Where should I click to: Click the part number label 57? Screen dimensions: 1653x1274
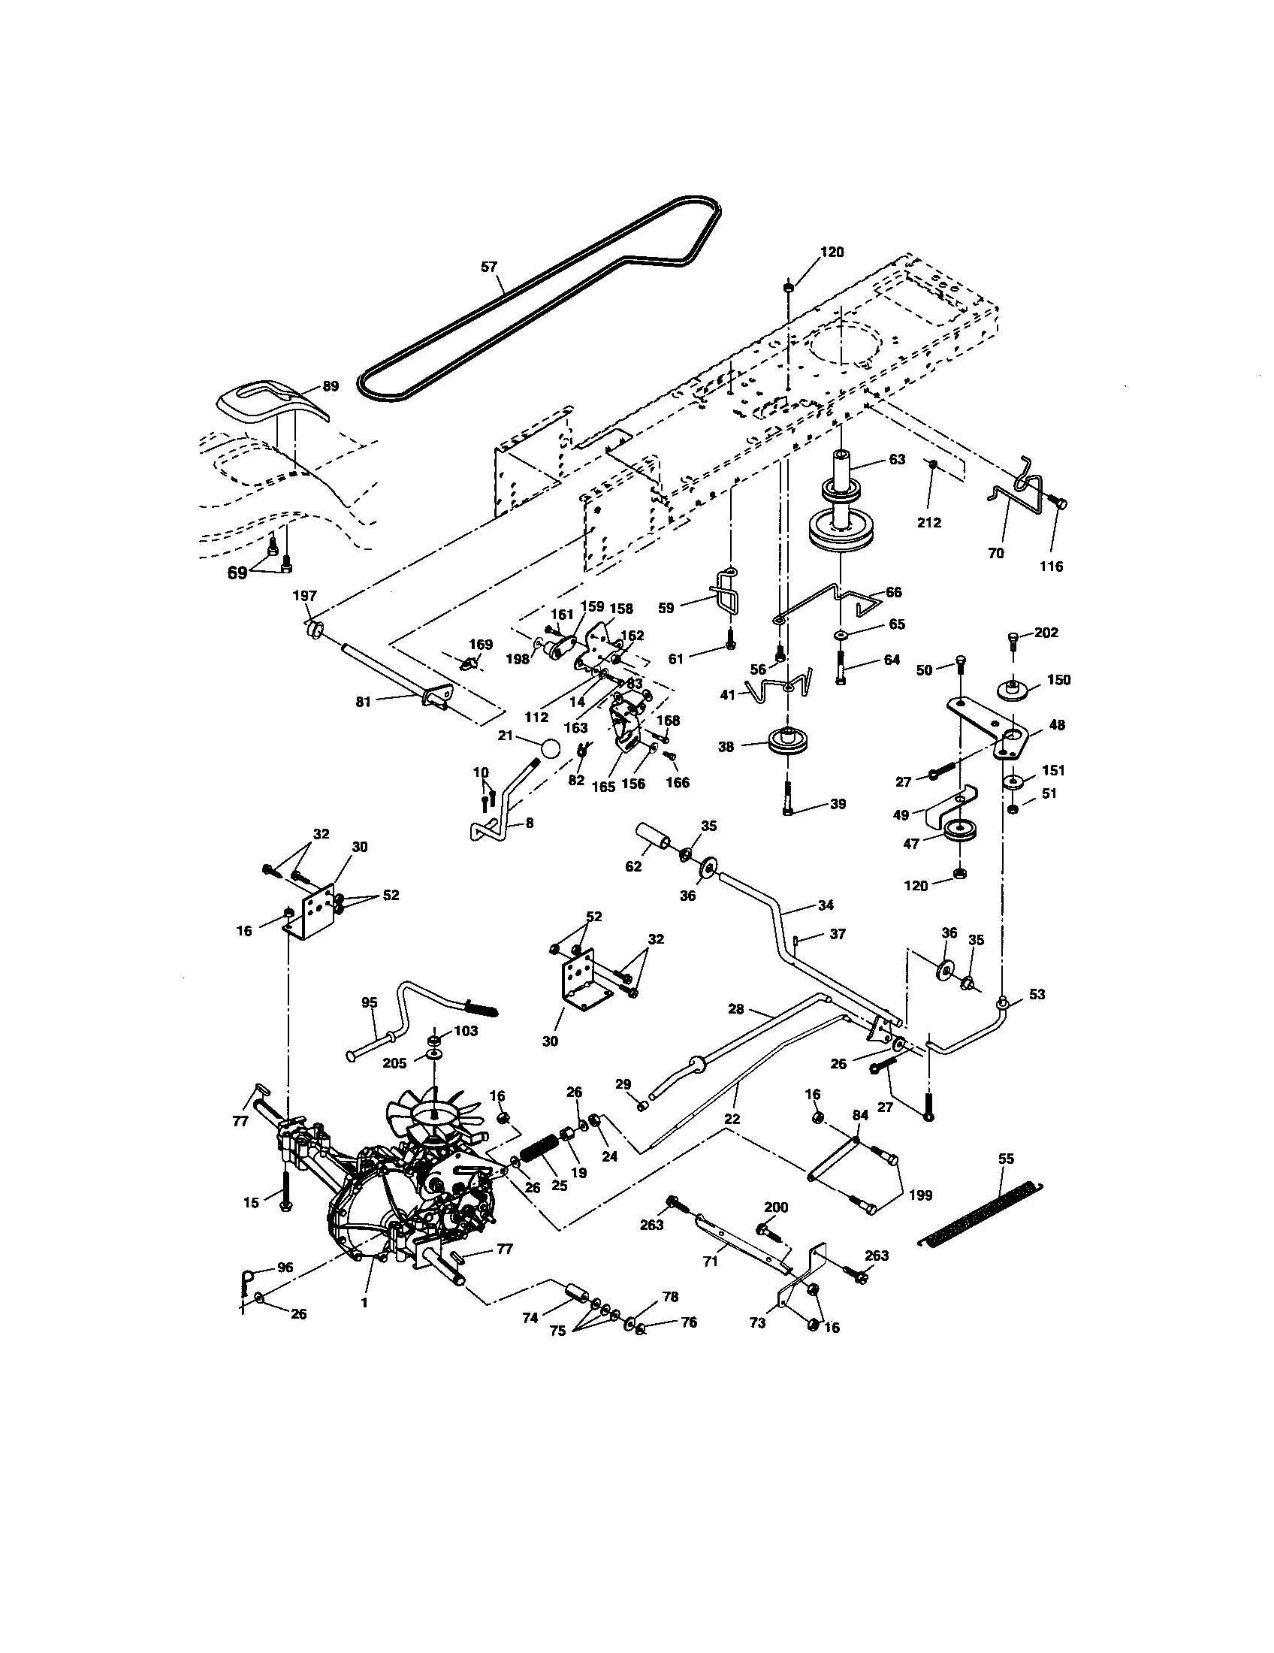[x=490, y=267]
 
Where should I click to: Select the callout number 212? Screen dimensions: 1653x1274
[x=928, y=522]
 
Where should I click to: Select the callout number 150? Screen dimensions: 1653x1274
[x=1058, y=680]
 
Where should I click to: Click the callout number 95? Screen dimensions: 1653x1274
[x=368, y=1002]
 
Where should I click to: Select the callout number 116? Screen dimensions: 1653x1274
[x=1051, y=565]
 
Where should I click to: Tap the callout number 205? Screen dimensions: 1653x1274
[x=394, y=1062]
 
